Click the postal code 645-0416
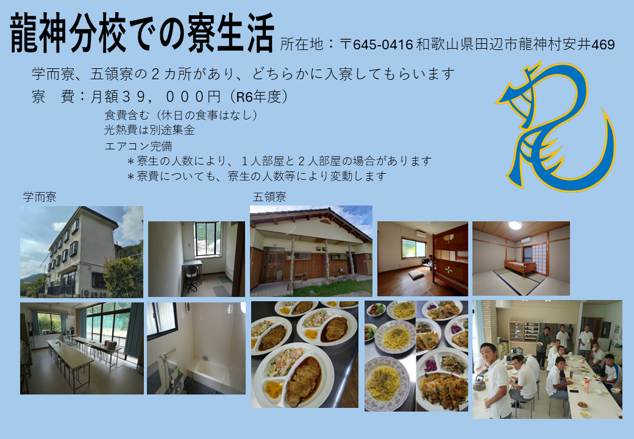pyautogui.click(x=383, y=45)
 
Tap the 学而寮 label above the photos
pyautogui.click(x=40, y=197)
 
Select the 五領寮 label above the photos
pyautogui.click(x=269, y=197)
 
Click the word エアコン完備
pyautogui.click(x=138, y=146)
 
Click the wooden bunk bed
pyautogui.click(x=450, y=259)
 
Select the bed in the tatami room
pyautogui.click(x=519, y=267)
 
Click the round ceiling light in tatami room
pyautogui.click(x=515, y=225)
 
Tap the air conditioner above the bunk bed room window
pyautogui.click(x=421, y=234)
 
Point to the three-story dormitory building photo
pyautogui.click(x=82, y=252)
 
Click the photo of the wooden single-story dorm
pyautogui.click(x=311, y=251)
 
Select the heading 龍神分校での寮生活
pyautogui.click(x=142, y=33)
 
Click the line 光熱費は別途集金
pyautogui.click(x=149, y=130)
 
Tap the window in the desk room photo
pyautogui.click(x=207, y=239)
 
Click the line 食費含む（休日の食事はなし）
pyautogui.click(x=181, y=115)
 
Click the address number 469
pyautogui.click(x=603, y=45)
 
